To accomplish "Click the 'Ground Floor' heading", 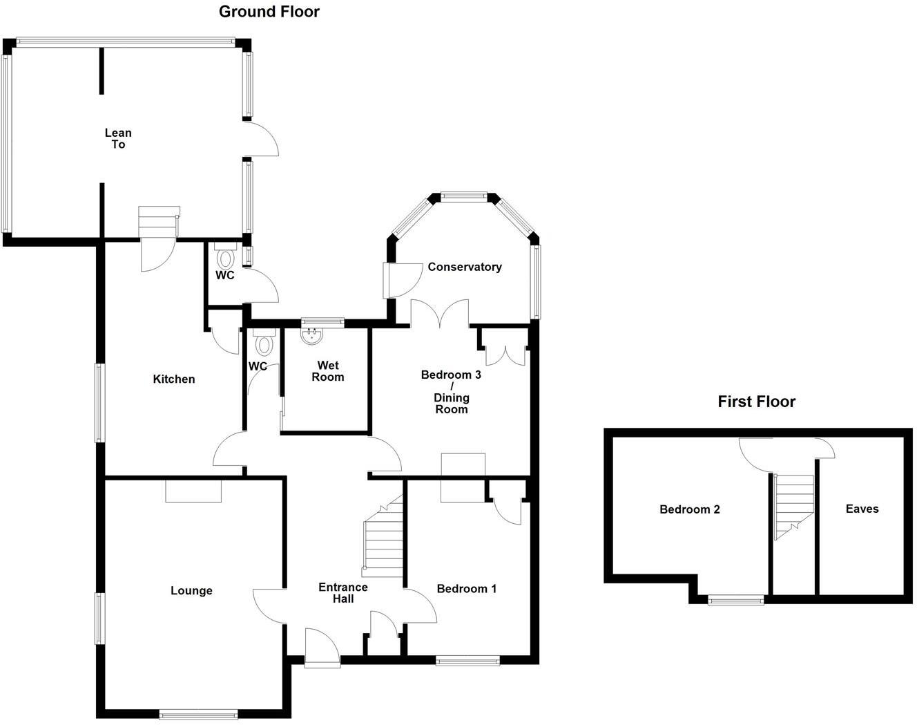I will [269, 12].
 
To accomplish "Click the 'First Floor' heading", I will [756, 402].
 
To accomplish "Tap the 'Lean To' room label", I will [118, 138].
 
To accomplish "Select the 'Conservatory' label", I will [464, 267].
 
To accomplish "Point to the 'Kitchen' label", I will [173, 379].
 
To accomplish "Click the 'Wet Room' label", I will [327, 371].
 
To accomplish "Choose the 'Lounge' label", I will [191, 590].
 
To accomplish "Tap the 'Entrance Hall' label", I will [342, 593].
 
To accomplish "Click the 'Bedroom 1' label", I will [466, 589].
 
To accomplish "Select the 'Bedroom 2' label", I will [689, 509].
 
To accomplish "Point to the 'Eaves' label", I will [862, 509].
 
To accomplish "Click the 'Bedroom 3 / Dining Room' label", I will [451, 392].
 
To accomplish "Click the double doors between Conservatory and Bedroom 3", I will [440, 314].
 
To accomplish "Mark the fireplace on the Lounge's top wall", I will [193, 491].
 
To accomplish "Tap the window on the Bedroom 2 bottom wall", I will [735, 601].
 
